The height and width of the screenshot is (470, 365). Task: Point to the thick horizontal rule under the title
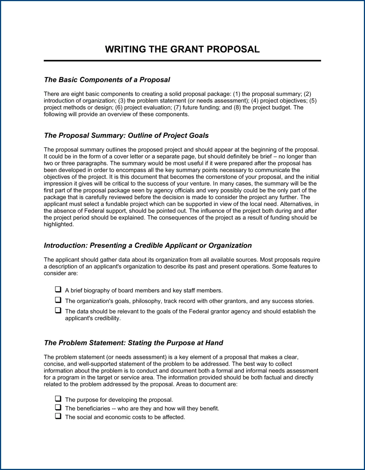pyautogui.click(x=182, y=61)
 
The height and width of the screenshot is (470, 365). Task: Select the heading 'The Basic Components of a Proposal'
pyautogui.click(x=107, y=80)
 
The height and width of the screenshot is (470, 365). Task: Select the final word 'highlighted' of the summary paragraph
pyautogui.click(x=58, y=224)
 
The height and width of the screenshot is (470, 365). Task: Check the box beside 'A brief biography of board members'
pyautogui.click(x=58, y=290)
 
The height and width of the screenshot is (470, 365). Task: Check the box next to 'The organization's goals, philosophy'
pyautogui.click(x=58, y=300)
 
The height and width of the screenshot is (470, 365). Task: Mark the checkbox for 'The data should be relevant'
pyautogui.click(x=58, y=311)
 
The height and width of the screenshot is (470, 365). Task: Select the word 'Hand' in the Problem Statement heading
pyautogui.click(x=214, y=343)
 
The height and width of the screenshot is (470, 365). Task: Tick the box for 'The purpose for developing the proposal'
pyautogui.click(x=58, y=399)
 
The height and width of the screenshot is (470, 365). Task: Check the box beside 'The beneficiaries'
pyautogui.click(x=58, y=408)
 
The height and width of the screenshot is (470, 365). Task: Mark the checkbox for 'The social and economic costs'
pyautogui.click(x=58, y=416)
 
